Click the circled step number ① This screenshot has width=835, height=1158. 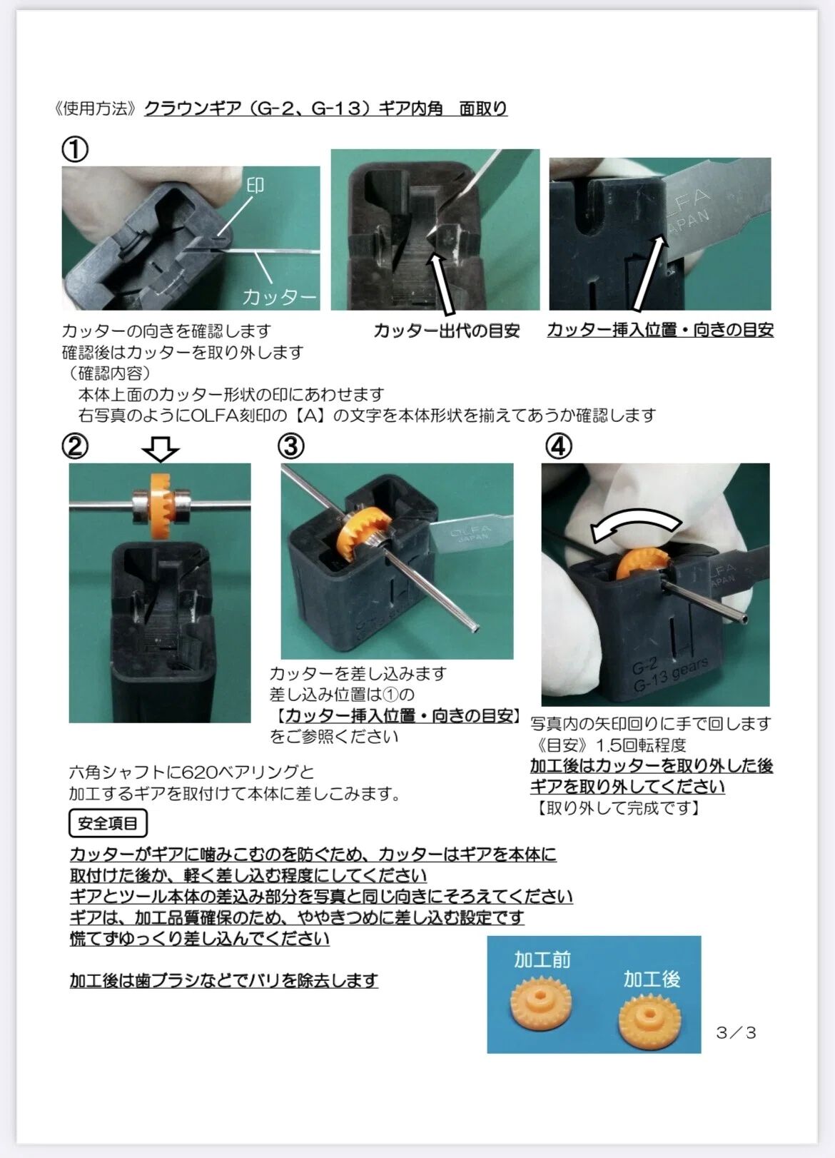coord(75,149)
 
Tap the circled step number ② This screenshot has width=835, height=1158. coord(75,446)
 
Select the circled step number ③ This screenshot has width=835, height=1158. coord(291,446)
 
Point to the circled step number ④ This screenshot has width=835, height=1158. coord(559,446)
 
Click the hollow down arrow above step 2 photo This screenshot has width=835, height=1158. coord(160,449)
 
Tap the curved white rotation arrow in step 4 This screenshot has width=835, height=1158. coord(636,523)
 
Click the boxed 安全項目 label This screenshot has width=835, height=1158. coord(108,823)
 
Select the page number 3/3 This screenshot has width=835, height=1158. coord(736,1032)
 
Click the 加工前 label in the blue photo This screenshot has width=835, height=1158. coord(542,960)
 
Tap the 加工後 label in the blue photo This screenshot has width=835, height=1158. coord(652,979)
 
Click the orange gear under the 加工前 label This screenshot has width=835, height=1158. coord(540,1004)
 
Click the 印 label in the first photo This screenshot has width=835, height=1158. coord(255,185)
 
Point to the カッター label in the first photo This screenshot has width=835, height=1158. coord(279,297)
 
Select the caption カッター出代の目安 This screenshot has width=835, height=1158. coord(447,331)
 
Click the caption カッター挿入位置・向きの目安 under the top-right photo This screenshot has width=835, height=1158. coord(660,330)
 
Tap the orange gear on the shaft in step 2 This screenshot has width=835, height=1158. coord(161,499)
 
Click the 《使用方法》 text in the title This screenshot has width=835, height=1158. coord(96,108)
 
